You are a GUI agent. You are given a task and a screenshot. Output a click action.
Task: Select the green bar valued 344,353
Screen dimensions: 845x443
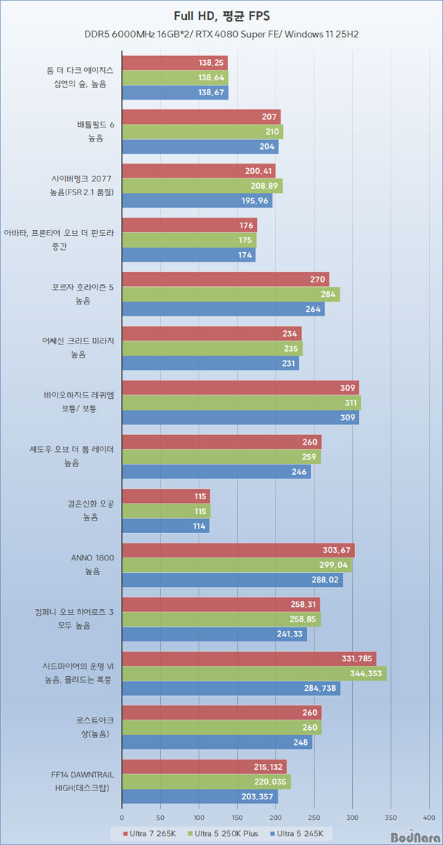click(254, 673)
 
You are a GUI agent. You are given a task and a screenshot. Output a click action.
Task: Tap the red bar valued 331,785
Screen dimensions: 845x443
click(249, 658)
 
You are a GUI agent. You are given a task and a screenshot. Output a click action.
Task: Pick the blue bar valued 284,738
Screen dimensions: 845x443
click(230, 689)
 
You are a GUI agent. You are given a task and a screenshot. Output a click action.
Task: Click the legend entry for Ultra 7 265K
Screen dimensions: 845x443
click(145, 831)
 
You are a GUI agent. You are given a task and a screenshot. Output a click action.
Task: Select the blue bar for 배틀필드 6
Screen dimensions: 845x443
click(200, 147)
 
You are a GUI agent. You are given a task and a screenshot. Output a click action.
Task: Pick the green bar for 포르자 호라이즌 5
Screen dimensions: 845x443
click(230, 294)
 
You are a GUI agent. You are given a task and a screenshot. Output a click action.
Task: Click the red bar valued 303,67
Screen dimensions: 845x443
click(238, 550)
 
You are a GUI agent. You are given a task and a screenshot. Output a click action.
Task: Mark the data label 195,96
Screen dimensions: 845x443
click(255, 201)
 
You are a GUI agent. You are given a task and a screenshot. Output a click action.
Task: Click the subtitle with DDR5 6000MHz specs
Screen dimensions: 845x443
click(221, 35)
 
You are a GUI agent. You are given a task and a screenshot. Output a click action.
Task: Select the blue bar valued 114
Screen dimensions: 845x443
click(165, 526)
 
